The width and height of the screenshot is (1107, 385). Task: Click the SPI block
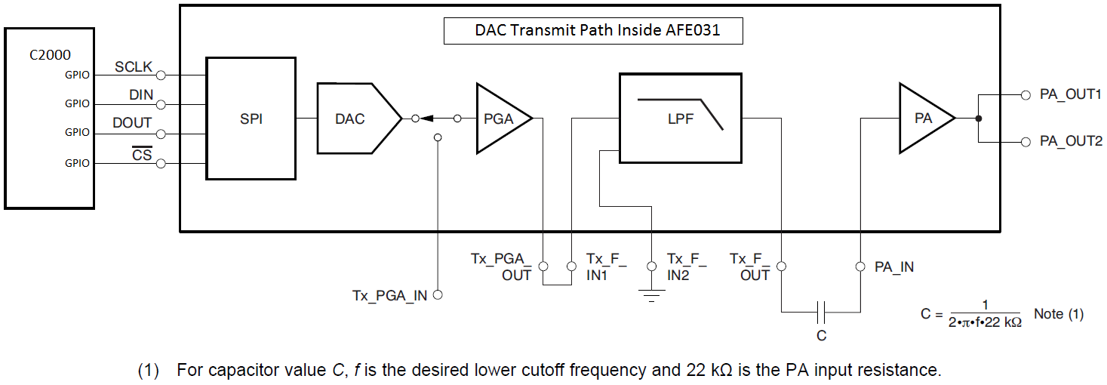tap(251, 119)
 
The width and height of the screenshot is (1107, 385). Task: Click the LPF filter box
tap(680, 118)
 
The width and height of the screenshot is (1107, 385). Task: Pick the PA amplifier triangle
tap(923, 119)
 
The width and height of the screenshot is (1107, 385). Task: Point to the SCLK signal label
tap(134, 67)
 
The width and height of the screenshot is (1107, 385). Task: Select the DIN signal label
tap(140, 95)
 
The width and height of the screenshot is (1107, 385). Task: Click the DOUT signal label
tap(132, 123)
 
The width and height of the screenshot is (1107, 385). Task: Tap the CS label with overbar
tap(142, 156)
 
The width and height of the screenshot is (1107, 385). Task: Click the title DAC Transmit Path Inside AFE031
tap(592, 31)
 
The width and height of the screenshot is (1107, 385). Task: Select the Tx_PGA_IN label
tap(389, 295)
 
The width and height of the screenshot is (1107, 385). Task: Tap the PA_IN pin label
tap(894, 266)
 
